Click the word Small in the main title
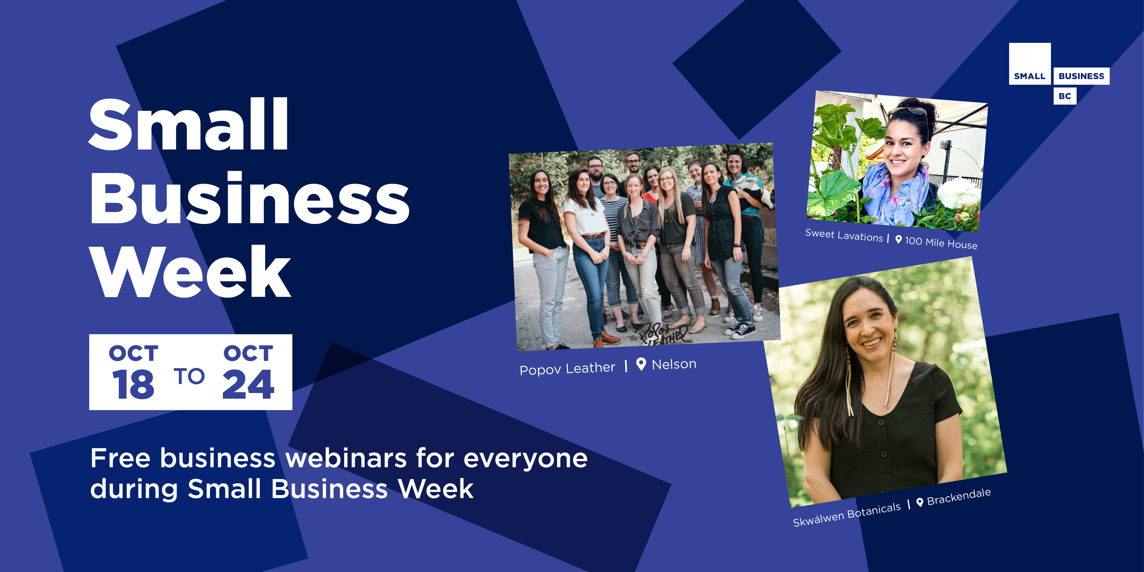click(x=189, y=124)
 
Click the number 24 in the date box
click(x=248, y=384)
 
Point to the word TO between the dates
click(x=189, y=376)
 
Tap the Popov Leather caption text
click(x=567, y=368)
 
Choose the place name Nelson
click(x=674, y=364)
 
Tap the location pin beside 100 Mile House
click(x=898, y=240)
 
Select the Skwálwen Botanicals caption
click(x=846, y=514)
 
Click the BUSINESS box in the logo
click(x=1081, y=76)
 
